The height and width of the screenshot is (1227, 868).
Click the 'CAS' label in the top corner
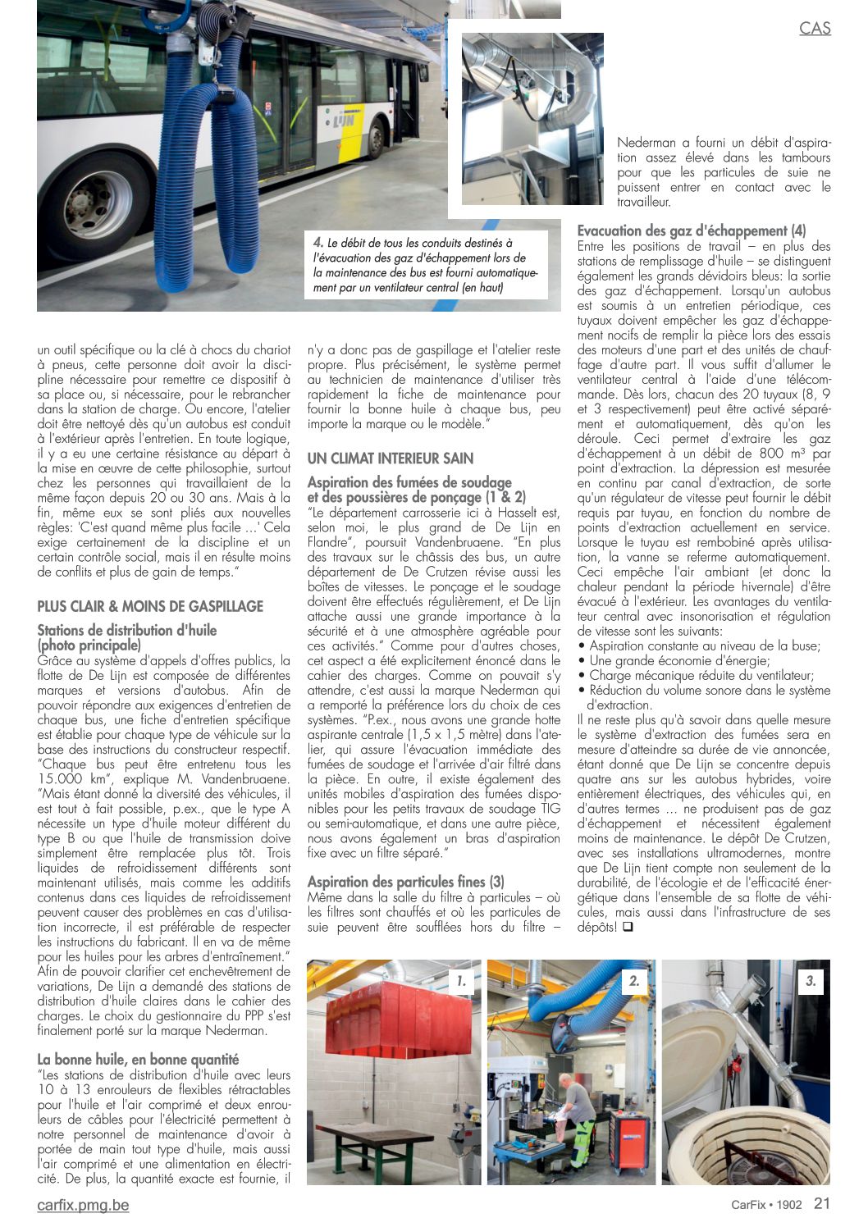815,28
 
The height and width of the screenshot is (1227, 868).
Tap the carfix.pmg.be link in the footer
83,1205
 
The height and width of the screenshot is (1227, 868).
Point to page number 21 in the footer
822,1203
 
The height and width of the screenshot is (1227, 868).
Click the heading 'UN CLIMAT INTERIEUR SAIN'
391,458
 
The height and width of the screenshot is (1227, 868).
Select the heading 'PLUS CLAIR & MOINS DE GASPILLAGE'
150,607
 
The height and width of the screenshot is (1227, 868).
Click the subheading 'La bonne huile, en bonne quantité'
138,1060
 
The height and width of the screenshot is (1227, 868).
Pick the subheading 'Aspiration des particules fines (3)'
406,883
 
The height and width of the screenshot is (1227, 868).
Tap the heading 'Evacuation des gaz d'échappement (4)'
692,231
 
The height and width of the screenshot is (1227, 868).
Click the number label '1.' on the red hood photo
462,981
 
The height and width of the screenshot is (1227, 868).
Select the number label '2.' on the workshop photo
634,981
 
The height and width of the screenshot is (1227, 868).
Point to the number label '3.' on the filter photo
811,981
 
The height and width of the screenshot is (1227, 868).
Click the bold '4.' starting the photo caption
318,243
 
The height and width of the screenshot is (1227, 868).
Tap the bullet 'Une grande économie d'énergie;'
679,661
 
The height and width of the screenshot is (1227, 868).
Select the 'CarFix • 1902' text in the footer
766,1205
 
